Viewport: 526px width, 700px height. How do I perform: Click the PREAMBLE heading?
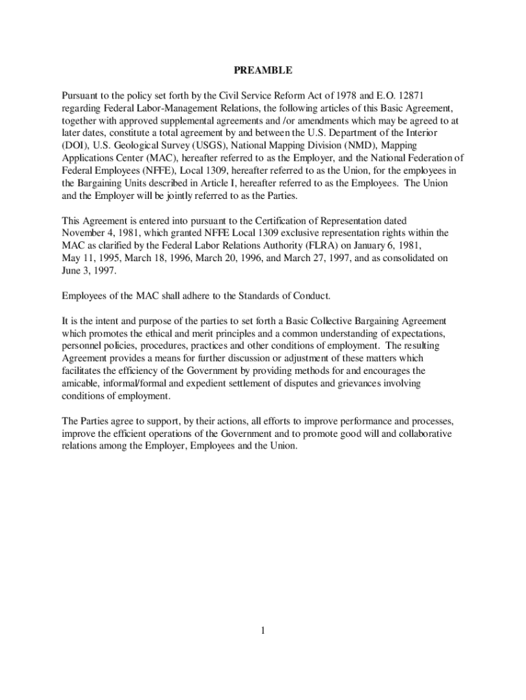point(263,70)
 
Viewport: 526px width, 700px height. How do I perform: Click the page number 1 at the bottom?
point(262,630)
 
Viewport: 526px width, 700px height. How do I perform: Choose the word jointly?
point(176,196)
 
